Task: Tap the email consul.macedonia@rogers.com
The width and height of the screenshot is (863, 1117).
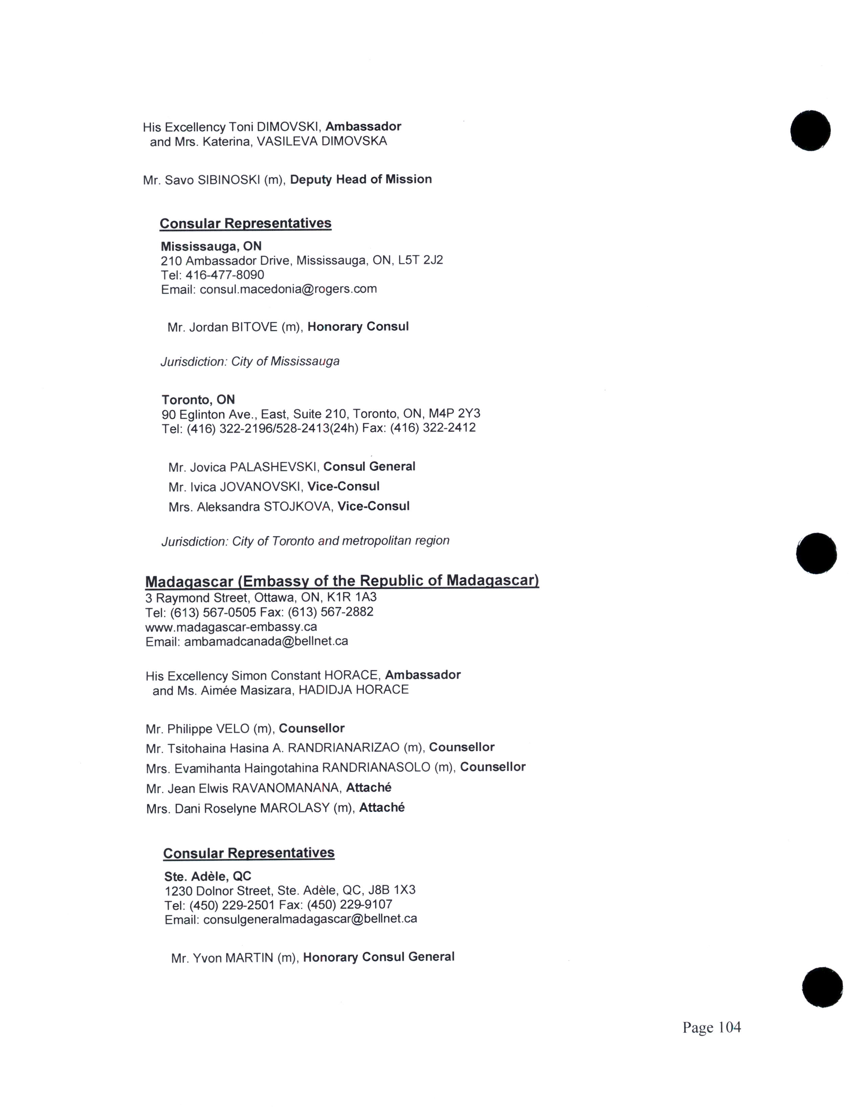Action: click(288, 289)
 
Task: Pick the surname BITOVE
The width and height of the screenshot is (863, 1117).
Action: click(254, 327)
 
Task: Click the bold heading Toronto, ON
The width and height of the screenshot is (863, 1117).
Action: click(198, 399)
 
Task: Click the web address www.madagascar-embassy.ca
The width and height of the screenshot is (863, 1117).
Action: click(231, 627)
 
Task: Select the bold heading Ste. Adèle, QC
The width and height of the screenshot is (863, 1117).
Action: click(207, 876)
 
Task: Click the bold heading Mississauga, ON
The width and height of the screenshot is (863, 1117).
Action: click(211, 246)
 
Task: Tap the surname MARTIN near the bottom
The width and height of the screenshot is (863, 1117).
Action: click(249, 958)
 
